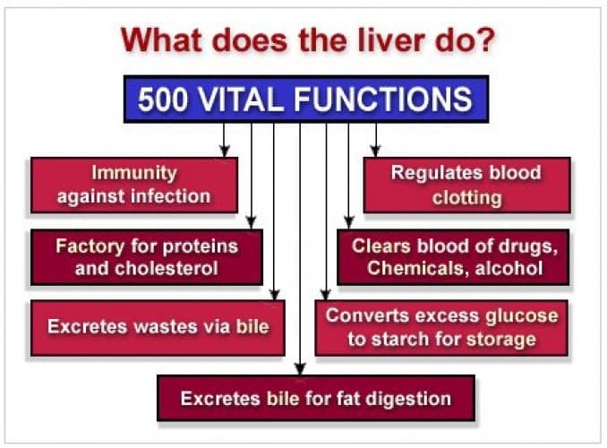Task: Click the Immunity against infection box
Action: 134,185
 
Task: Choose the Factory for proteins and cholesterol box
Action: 147,256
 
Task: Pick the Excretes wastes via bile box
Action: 158,327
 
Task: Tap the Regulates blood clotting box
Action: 466,185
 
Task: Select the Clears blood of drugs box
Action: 454,256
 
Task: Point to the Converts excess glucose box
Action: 441,327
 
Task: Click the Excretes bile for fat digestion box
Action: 315,398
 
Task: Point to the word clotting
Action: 466,196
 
